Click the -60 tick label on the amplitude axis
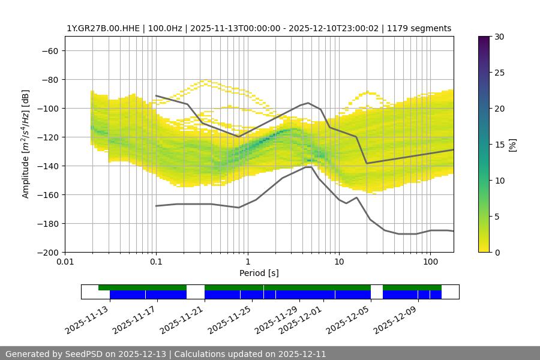click(x=49, y=50)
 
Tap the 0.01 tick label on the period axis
click(x=65, y=262)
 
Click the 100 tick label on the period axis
click(x=430, y=262)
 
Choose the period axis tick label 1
click(x=248, y=262)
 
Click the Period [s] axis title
click(x=259, y=273)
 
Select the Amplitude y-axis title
click(x=26, y=145)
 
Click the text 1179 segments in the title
click(x=419, y=28)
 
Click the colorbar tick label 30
click(x=499, y=37)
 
